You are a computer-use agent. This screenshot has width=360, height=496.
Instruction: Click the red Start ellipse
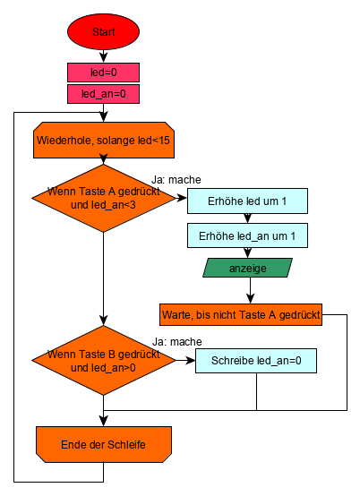click(103, 31)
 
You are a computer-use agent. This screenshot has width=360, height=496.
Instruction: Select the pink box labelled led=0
click(103, 73)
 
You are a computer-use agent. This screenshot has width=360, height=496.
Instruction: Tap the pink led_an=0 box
click(103, 94)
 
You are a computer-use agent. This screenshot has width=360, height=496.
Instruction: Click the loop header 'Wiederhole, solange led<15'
click(104, 141)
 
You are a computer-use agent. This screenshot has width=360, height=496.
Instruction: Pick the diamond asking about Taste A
click(104, 198)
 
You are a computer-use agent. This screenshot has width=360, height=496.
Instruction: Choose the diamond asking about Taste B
click(104, 360)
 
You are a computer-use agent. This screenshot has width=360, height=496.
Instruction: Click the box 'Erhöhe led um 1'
click(247, 201)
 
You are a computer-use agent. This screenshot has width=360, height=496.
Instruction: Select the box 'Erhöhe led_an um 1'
click(247, 235)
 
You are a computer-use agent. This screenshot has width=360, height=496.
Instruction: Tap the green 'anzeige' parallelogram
click(247, 268)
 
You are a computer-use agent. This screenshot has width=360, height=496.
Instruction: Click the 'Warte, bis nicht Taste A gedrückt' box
click(241, 315)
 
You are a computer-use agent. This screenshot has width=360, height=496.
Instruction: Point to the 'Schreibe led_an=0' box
click(256, 361)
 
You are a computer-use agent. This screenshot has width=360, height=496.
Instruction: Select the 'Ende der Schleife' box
click(104, 444)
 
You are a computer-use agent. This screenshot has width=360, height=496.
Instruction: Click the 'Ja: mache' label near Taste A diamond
click(176, 180)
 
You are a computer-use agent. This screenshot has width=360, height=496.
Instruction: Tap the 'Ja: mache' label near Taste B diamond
click(177, 342)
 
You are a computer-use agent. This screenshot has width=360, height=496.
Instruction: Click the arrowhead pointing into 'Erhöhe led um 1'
click(182, 198)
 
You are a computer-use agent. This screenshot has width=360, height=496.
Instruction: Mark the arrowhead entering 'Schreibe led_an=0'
click(191, 360)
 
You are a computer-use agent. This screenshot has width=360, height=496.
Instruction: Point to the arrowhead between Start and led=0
click(104, 57)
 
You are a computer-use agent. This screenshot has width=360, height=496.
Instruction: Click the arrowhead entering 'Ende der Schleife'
click(104, 422)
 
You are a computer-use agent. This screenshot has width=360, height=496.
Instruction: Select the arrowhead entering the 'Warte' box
click(250, 299)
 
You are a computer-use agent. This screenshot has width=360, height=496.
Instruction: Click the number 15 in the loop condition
click(164, 141)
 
